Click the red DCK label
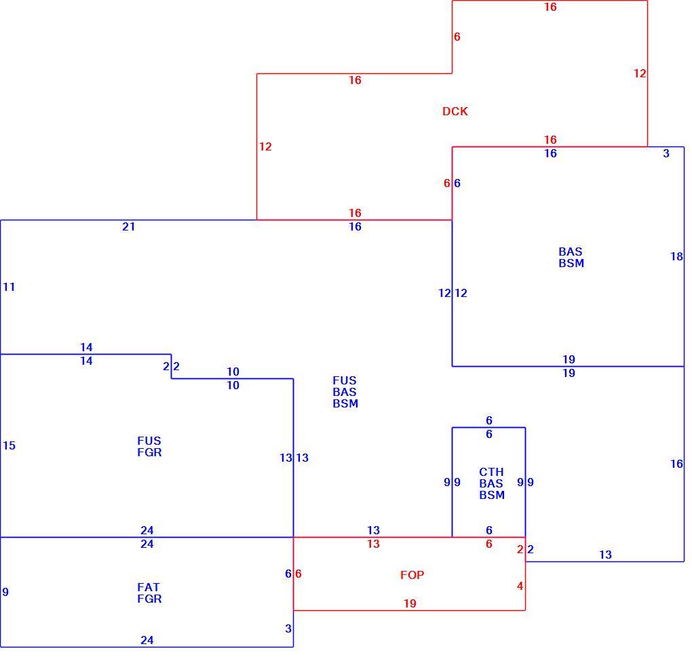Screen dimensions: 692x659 [455, 111]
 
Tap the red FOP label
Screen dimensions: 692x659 [412, 575]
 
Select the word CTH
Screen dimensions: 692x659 [491, 472]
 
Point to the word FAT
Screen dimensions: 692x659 [149, 588]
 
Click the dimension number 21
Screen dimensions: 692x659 [128, 226]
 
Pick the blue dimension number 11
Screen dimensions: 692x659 [9, 287]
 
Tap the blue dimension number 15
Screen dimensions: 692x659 [9, 446]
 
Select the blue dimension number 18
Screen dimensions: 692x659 [676, 257]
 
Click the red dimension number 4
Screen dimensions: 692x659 [520, 586]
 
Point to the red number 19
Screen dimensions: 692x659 [410, 603]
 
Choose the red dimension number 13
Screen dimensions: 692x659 [373, 544]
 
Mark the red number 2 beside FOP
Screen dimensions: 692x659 [520, 550]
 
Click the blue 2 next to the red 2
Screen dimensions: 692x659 [531, 550]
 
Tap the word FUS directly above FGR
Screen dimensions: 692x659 [149, 441]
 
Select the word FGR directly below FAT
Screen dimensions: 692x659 [149, 599]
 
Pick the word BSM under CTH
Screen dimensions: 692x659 [492, 495]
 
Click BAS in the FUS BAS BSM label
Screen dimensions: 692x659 [345, 392]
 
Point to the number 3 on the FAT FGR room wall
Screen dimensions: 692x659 [288, 628]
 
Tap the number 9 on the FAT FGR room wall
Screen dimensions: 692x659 [5, 592]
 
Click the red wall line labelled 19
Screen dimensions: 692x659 [409, 610]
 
